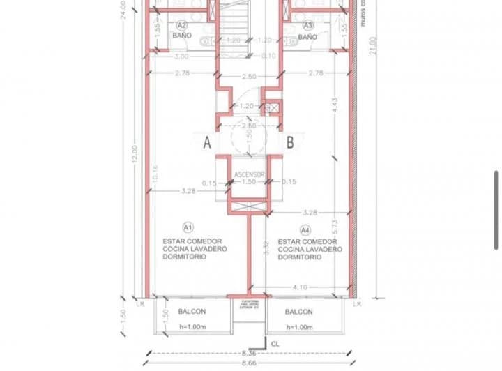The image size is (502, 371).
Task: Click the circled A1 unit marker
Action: (x=187, y=227)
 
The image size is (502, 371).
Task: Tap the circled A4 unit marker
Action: (x=305, y=228)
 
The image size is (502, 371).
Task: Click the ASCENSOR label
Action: (x=248, y=173)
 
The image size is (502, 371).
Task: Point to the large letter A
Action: (x=207, y=144)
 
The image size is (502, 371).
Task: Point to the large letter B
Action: (x=290, y=144)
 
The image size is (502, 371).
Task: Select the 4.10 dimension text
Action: (x=301, y=287)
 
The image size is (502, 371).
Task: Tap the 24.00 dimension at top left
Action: (x=123, y=10)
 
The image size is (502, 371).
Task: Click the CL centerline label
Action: (x=275, y=343)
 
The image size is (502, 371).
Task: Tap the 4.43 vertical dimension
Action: (x=335, y=106)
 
